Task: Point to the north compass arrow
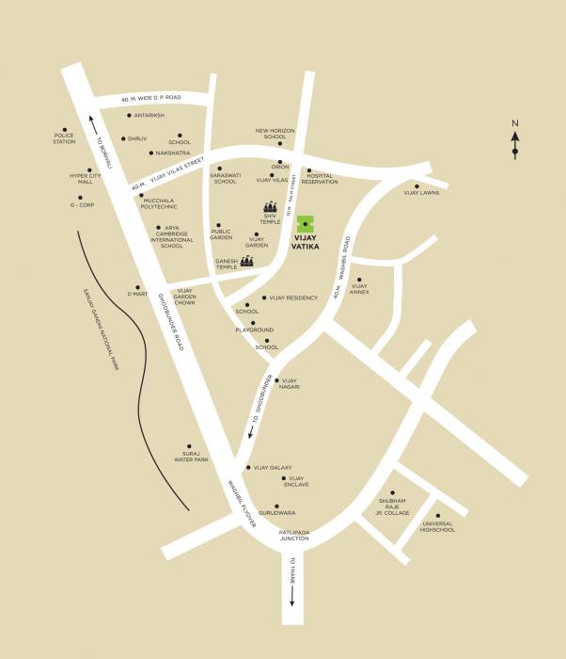pos(515,141)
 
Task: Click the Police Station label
pos(64,138)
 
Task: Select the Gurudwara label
pos(277,513)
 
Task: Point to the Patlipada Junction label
pos(294,536)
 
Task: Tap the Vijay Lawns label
pos(421,193)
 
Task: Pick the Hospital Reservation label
pos(320,179)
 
